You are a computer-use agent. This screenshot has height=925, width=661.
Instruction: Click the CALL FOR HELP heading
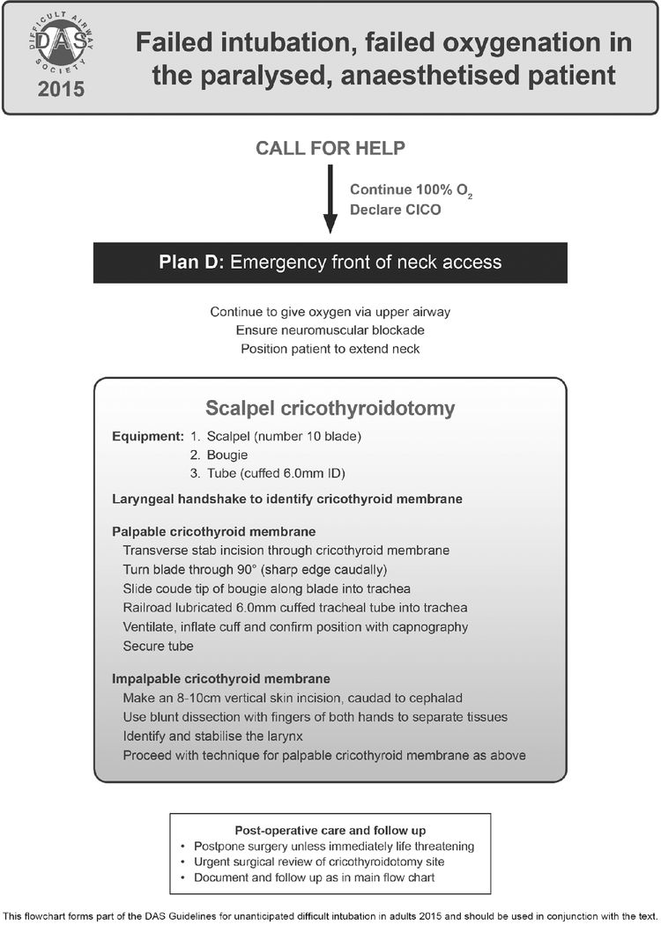tap(330, 147)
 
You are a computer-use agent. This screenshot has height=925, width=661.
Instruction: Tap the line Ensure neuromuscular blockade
tap(330, 329)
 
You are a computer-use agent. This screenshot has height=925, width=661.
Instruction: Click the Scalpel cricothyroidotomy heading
tap(330, 409)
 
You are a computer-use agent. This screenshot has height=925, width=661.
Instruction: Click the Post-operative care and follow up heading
tap(330, 830)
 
